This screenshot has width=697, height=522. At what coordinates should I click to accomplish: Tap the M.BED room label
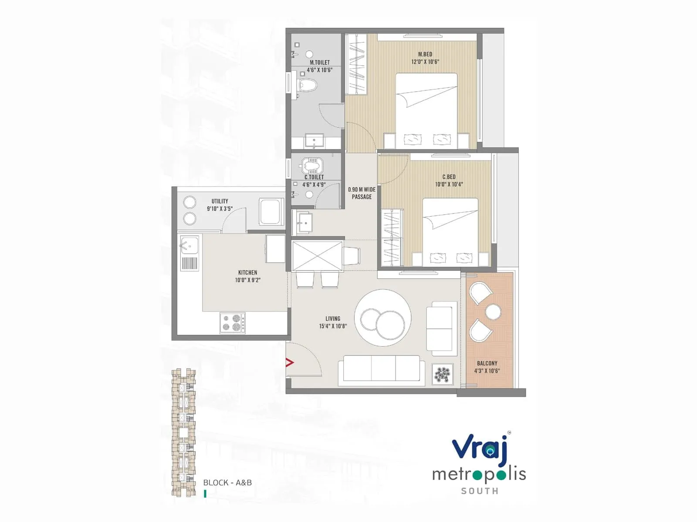pos(425,54)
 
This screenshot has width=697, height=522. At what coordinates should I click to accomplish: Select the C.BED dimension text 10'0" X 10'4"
pos(449,184)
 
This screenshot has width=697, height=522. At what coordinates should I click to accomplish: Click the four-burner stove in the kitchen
pos(232,323)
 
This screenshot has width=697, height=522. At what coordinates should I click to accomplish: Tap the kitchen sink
pos(189,246)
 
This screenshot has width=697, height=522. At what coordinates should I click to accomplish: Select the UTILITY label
pos(220,201)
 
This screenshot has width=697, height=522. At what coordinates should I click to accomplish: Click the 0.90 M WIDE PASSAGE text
pos(362,193)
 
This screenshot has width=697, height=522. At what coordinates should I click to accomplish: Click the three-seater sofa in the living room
pos(382,370)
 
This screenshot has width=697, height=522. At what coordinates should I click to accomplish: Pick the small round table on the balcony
pos(493,311)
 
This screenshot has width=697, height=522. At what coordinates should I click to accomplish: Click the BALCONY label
pos(487,363)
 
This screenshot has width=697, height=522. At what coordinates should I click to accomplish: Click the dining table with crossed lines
pos(317,256)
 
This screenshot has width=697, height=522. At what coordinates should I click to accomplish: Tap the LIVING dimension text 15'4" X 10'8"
pos(333,326)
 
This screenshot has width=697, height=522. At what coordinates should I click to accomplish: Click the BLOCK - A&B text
pos(227,482)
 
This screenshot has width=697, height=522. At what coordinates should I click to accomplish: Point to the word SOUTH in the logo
pos(480,491)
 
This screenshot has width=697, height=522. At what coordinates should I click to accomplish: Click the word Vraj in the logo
pos(479,448)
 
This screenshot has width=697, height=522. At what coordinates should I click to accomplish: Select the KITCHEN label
pos(247,272)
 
